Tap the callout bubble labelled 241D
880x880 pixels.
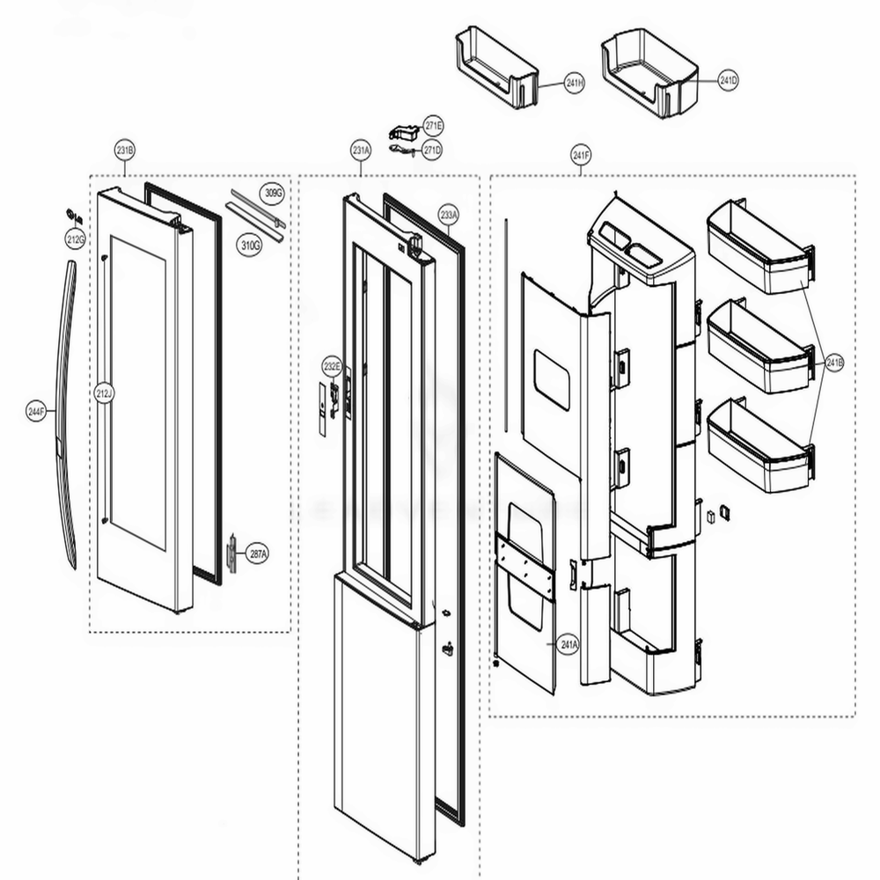[x=728, y=81]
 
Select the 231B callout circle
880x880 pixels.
[x=125, y=150]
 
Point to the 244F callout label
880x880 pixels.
[x=36, y=410]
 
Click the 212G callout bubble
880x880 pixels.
[x=75, y=238]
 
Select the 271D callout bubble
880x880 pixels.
[x=432, y=150]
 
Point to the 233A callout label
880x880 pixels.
[x=449, y=214]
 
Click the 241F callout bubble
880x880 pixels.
[x=580, y=157]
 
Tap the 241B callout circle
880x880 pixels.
[x=833, y=362]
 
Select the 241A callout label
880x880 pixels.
[x=569, y=645]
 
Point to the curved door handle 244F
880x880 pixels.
[x=65, y=414]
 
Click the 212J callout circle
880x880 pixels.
[x=105, y=393]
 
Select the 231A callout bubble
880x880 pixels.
[x=361, y=150]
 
